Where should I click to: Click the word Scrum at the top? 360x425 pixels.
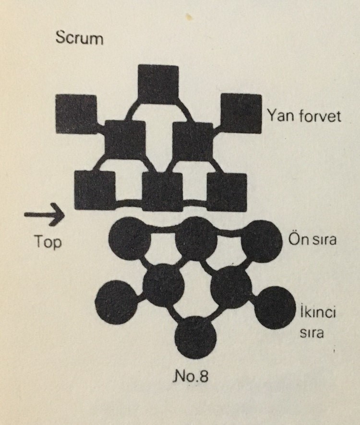79,38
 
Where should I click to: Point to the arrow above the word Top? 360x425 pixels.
44,214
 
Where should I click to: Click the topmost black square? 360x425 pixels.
158,84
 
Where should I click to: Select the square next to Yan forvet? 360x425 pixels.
241,113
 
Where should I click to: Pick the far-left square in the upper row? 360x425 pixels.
76,114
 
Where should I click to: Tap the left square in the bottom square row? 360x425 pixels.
95,190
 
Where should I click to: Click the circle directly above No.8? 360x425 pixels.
196,337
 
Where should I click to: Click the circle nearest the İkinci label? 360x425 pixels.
275,307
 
